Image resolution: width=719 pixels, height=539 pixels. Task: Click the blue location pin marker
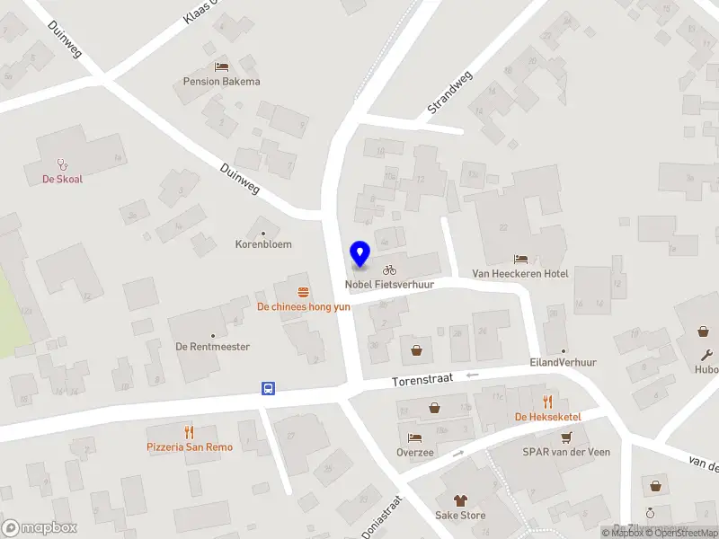[359, 254]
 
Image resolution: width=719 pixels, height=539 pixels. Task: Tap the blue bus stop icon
[268, 389]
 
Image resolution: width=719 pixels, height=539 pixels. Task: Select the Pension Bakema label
[221, 82]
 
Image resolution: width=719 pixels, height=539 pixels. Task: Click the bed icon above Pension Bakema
[221, 66]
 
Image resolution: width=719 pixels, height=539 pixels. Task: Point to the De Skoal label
[62, 179]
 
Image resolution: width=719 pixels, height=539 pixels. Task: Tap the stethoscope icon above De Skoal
[62, 164]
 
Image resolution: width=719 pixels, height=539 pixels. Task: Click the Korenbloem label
[263, 244]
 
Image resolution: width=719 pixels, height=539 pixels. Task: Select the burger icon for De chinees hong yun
[304, 291]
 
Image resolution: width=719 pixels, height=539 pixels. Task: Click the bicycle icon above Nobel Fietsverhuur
[389, 269]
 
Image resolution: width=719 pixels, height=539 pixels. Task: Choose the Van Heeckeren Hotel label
[520, 273]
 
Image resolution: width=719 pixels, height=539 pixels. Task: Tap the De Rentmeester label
[212, 347]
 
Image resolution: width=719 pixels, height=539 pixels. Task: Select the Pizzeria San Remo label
[190, 447]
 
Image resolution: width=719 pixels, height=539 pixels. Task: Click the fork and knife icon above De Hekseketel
[547, 402]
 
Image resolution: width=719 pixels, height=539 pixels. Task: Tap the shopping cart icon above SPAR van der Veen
[566, 437]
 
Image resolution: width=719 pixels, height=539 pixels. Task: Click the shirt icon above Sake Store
[460, 500]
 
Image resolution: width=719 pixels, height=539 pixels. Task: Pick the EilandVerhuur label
[564, 363]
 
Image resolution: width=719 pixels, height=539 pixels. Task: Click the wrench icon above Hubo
[707, 355]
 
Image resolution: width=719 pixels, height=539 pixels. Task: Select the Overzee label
[415, 453]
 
